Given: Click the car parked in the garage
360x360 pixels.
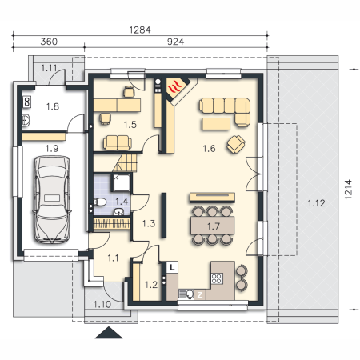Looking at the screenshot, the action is point(52,199).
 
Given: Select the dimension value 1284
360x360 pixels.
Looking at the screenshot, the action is point(140,30).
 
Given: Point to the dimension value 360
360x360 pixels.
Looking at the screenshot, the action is point(49,42).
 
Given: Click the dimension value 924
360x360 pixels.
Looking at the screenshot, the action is point(175,42).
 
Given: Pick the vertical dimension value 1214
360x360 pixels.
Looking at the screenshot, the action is point(348,190).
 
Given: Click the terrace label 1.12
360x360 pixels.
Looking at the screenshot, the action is point(316,203).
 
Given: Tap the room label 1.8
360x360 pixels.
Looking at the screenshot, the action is point(53,106).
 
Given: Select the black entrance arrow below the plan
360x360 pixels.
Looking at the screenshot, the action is point(109,333).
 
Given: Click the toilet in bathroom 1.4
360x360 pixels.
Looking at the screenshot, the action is point(99,202).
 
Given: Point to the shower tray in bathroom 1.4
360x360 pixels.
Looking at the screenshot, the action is point(122,182).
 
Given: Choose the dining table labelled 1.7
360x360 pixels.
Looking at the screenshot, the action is point(213,226).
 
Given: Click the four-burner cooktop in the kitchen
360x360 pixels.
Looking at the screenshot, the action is point(217,278).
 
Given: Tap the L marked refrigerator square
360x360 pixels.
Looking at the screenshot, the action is point(172,266).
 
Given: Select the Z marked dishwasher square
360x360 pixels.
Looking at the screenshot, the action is point(200,294).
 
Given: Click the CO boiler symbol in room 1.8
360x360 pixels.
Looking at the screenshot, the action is point(26,102).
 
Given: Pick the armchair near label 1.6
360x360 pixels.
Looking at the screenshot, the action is point(236,144).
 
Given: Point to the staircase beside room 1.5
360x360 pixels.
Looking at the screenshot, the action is point(126,162).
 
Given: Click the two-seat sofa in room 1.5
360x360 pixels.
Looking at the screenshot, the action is point(118,143).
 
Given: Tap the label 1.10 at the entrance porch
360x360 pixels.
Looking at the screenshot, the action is point(102,304).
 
